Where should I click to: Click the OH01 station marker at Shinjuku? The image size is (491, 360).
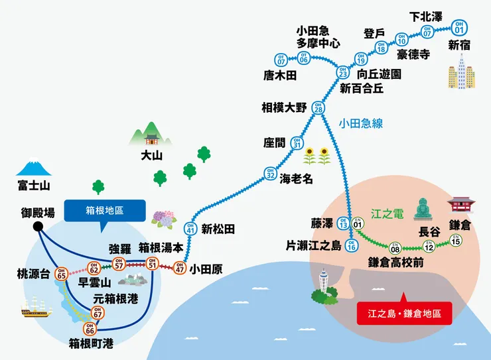point(459,27)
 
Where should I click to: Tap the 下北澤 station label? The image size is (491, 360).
point(426,17)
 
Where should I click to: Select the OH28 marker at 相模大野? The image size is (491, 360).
point(318,107)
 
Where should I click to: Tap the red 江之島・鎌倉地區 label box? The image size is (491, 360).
point(404,313)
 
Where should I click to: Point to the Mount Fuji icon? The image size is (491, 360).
point(33,169)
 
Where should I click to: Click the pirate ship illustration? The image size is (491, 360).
point(36,306)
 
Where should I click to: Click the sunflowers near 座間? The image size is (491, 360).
point(317,156)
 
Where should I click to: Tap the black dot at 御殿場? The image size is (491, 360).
point(38,227)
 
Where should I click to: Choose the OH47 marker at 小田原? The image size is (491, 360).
point(179,269)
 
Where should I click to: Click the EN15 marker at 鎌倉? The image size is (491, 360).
point(455,240)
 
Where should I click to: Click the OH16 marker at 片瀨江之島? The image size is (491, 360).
point(352,246)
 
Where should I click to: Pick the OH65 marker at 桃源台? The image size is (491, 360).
point(61,272)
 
